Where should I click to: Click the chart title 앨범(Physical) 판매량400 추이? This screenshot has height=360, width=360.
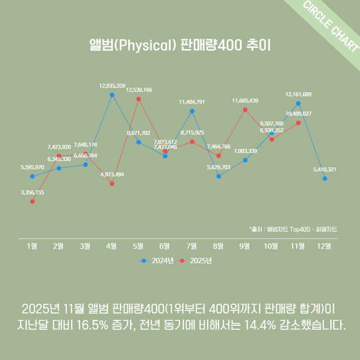pyautogui.click(x=180, y=46)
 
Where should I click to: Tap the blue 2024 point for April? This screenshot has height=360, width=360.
pyautogui.click(x=112, y=95)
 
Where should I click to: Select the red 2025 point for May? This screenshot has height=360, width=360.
pyautogui.click(x=139, y=99)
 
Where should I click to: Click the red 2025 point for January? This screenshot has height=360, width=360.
pyautogui.click(x=32, y=202)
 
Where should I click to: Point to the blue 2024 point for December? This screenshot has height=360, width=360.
pyautogui.click(x=325, y=179)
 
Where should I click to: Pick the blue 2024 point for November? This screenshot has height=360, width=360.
pyautogui.click(x=298, y=103)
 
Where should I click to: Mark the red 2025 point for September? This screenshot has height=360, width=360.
pyautogui.click(x=245, y=109)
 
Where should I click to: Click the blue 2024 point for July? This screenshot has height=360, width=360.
pyautogui.click(x=192, y=111)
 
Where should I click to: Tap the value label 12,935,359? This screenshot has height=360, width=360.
pyautogui.click(x=112, y=85)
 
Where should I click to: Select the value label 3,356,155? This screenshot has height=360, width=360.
pyautogui.click(x=32, y=192)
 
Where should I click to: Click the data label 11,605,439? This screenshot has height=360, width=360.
pyautogui.click(x=245, y=100)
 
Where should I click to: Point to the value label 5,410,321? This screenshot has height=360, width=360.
pyautogui.click(x=324, y=169)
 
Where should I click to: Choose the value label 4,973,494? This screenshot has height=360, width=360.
pyautogui.click(x=112, y=174)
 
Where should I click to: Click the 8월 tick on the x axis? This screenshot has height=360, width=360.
pyautogui.click(x=218, y=246)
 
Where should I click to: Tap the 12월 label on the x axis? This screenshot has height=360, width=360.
pyautogui.click(x=324, y=246)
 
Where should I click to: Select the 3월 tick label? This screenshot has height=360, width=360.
pyautogui.click(x=85, y=246)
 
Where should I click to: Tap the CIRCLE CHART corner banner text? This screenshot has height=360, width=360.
pyautogui.click(x=331, y=27)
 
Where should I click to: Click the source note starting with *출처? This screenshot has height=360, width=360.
pyautogui.click(x=293, y=229)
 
